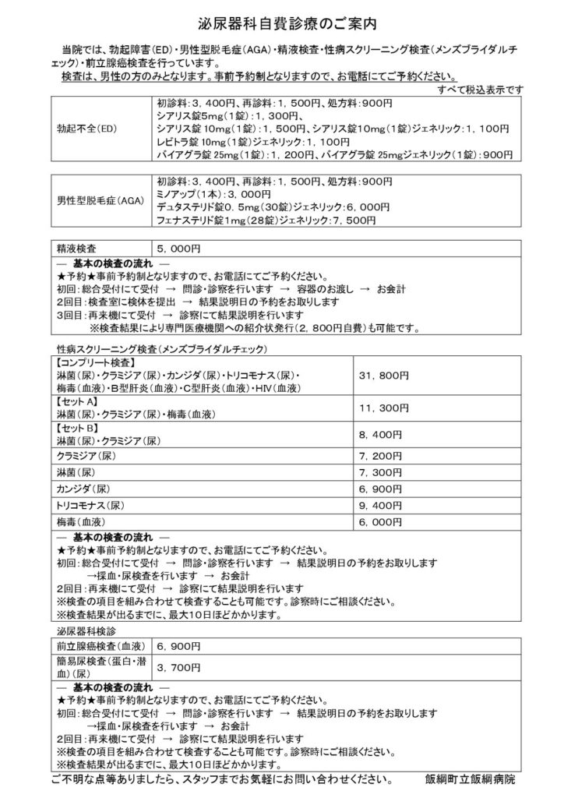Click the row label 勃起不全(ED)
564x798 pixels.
click(83, 129)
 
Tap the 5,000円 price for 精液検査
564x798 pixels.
click(179, 249)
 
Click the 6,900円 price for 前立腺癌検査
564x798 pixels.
click(179, 646)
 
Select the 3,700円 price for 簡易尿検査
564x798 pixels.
click(179, 667)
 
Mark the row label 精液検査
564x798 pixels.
click(76, 249)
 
